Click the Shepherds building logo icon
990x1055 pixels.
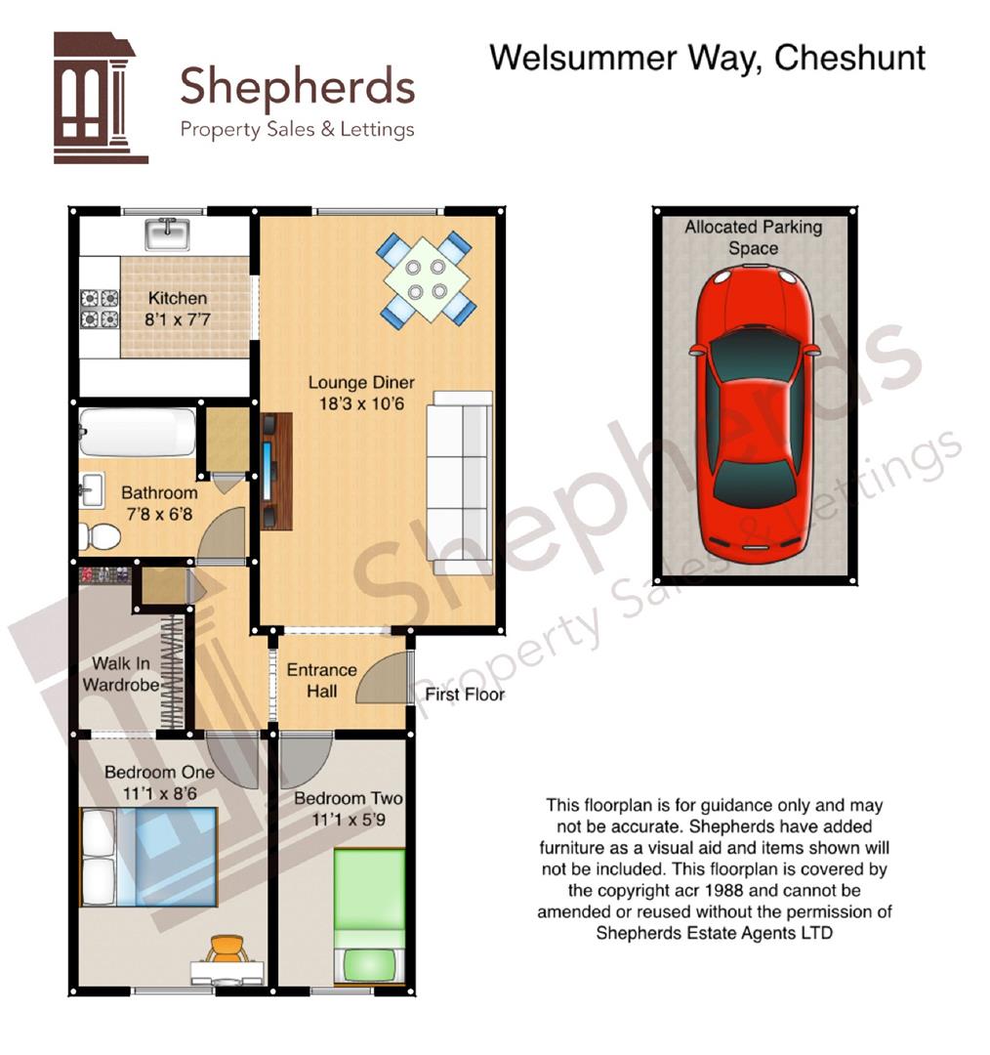(99, 98)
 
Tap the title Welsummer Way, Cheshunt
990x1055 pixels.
(707, 58)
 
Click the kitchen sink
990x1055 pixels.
(167, 234)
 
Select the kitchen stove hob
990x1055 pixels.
(99, 308)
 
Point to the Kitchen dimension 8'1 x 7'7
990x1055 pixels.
(177, 318)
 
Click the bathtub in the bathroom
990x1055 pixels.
(138, 432)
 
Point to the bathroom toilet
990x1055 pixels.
(99, 535)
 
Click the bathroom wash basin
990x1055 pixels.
(91, 488)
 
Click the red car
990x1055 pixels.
(753, 416)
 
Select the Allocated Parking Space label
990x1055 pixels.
(753, 237)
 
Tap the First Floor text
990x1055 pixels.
(465, 695)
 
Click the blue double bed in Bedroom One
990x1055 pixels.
(148, 858)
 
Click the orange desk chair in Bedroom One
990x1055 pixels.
(227, 948)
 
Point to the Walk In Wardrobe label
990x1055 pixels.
(121, 674)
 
